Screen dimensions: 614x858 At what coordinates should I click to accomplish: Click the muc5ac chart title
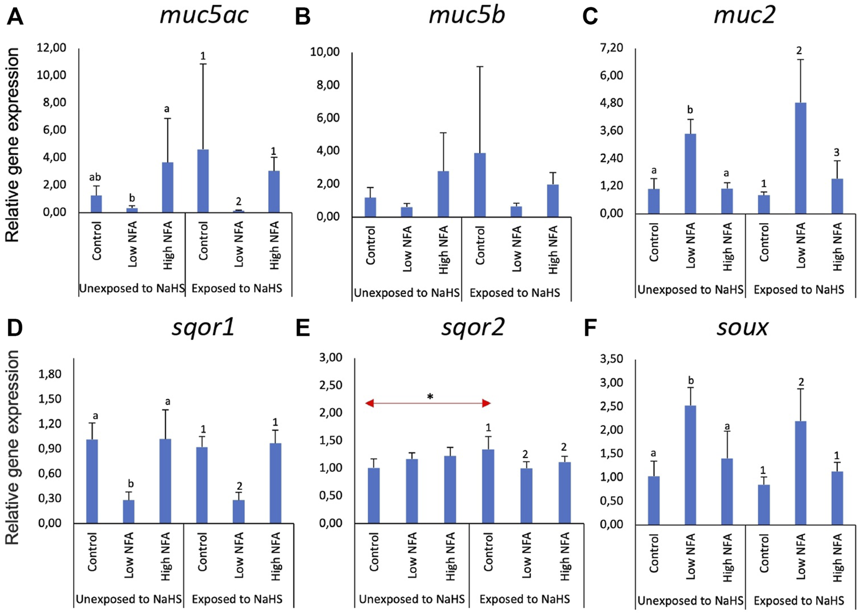204,15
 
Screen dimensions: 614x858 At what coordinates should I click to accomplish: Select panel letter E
302,328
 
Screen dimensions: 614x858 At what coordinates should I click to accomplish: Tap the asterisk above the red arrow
430,396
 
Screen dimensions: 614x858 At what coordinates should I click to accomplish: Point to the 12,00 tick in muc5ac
51,47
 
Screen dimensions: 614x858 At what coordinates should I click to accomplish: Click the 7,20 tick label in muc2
611,47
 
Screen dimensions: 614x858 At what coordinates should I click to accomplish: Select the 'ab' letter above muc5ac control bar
94,177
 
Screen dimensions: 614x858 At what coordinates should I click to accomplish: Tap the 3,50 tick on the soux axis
611,359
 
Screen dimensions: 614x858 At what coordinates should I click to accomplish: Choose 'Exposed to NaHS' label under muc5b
515,293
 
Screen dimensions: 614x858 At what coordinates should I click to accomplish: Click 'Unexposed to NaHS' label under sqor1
129,600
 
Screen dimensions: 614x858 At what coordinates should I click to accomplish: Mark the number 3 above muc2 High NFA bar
836,153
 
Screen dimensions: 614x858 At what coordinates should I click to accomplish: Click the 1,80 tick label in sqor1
50,374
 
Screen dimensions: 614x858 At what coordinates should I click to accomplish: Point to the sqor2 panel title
472,327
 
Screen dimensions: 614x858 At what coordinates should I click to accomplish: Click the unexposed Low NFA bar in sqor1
129,511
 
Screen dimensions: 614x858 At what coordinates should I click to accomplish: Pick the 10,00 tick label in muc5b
325,52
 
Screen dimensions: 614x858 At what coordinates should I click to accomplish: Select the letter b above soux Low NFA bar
690,381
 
